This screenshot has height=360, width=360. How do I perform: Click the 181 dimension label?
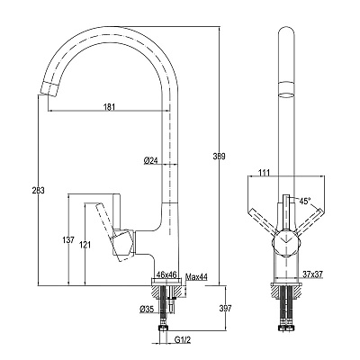pos(110,107)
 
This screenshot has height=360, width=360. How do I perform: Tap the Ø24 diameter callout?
pos(150,161)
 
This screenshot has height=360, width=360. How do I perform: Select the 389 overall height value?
pos(219,157)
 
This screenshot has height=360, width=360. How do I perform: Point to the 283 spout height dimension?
pos(39,191)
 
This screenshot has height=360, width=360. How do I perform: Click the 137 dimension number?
pos(68,240)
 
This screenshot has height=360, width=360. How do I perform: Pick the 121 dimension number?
pos(85,245)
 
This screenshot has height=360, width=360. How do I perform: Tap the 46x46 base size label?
pos(166,274)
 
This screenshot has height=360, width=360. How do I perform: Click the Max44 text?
pos(196,276)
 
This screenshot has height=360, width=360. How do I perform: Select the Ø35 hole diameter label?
pos(147,309)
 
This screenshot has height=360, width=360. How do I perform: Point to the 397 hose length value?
pos(226,308)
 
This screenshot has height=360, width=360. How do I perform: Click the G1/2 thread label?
pos(183,340)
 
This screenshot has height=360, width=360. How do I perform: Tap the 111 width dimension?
pos(265,173)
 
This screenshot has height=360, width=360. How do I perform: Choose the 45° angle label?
pos(305,201)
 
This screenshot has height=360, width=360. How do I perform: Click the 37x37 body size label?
pos(312,274)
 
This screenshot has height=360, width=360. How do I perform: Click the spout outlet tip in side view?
pos(48,89)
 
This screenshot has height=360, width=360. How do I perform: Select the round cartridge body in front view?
pos(285,244)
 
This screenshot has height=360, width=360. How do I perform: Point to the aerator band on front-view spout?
pos(286,89)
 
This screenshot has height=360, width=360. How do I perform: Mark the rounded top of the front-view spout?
pos(286,30)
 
